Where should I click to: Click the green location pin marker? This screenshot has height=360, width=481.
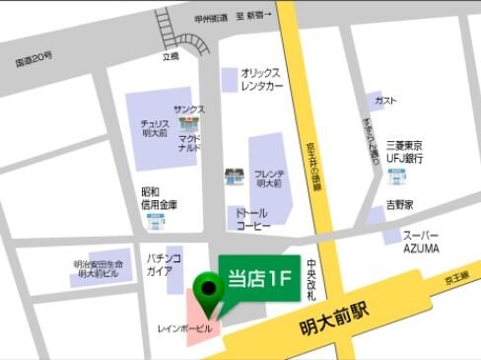click(x=208, y=289)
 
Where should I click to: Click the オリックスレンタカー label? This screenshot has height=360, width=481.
click(x=261, y=79)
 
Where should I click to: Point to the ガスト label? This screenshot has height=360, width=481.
click(x=386, y=101)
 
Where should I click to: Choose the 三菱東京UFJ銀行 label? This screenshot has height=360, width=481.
click(x=404, y=150)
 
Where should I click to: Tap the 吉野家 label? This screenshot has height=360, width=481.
click(x=398, y=205)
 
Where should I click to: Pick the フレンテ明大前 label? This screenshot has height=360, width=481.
click(x=268, y=179)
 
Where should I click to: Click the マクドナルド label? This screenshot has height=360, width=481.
click(x=189, y=144)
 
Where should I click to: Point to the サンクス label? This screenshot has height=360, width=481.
click(x=189, y=109)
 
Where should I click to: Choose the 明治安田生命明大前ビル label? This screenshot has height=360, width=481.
click(x=100, y=269)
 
